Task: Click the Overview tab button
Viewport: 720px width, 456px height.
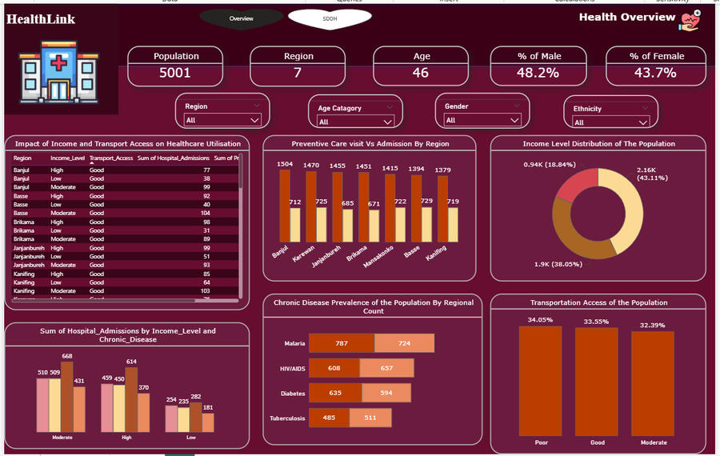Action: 241,18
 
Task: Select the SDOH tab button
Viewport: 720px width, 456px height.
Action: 330,18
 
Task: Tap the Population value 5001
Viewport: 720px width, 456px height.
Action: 176,73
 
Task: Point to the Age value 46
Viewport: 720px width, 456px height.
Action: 421,73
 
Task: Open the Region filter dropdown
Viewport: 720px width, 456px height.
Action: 222,120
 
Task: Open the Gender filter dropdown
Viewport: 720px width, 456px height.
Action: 482,120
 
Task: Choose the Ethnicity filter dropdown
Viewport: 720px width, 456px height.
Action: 610,122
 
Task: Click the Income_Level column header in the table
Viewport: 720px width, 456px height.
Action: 68,158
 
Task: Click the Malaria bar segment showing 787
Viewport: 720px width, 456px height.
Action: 342,344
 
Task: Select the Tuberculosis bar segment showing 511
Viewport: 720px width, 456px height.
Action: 370,418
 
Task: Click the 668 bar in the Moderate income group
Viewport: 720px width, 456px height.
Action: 67,396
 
